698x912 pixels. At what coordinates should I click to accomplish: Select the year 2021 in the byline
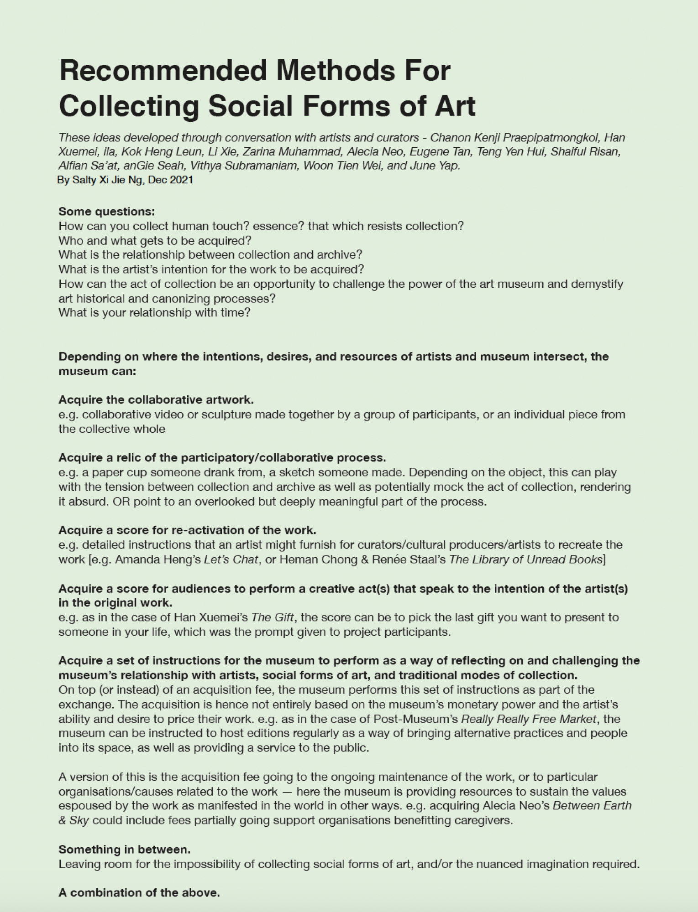click(181, 180)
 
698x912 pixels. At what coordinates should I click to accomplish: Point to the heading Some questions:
click(107, 212)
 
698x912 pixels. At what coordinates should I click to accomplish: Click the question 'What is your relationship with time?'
click(154, 313)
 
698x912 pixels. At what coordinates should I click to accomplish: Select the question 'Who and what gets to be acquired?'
click(155, 240)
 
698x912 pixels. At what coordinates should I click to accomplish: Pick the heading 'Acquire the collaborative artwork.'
click(156, 400)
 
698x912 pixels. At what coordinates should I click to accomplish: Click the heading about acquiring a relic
click(222, 458)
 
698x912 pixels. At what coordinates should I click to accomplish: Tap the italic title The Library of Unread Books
click(525, 560)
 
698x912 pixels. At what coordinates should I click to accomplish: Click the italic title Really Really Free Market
click(529, 719)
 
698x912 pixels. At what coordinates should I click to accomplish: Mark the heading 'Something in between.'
click(124, 850)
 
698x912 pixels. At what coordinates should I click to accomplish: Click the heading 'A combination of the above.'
click(139, 893)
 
